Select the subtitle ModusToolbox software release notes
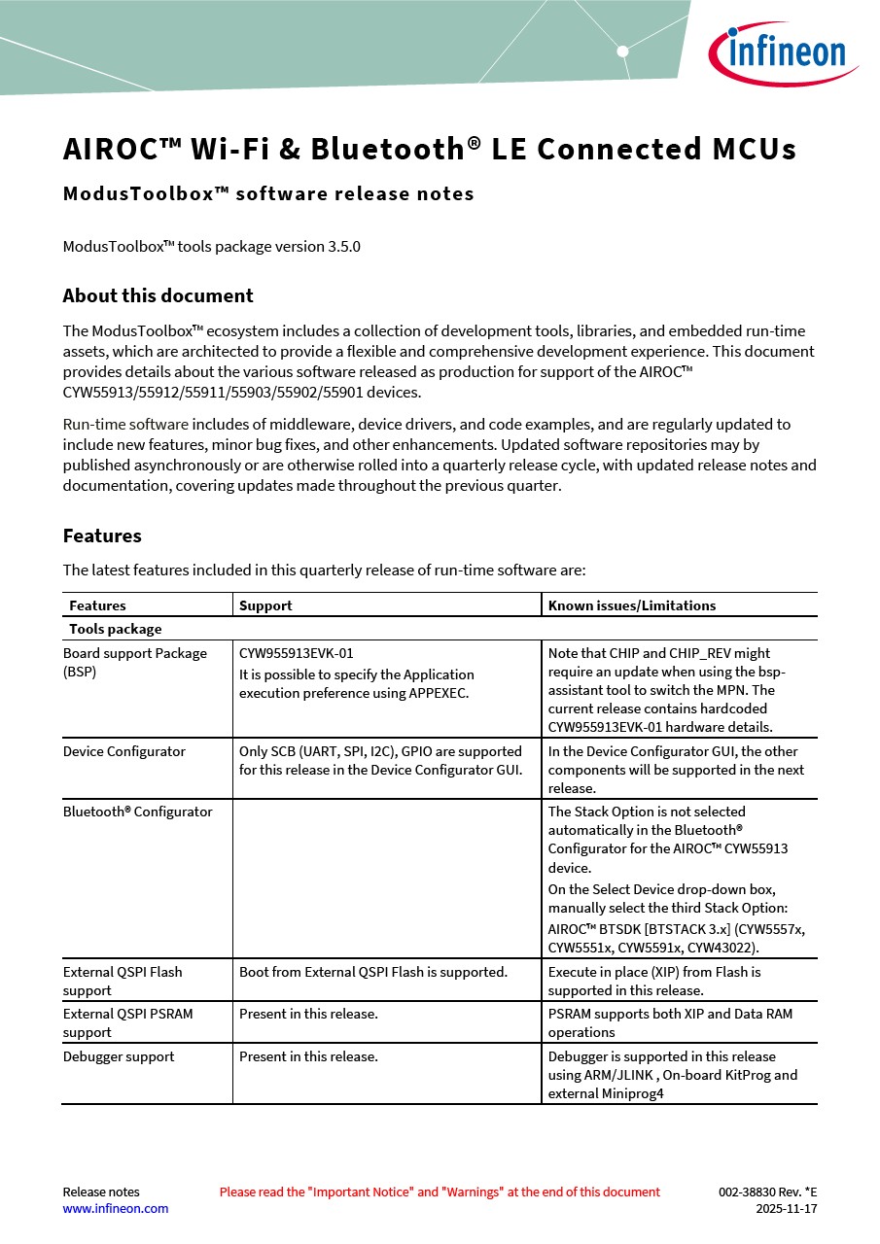tap(268, 193)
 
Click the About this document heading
tap(158, 296)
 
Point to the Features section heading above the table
tap(102, 536)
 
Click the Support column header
tap(265, 605)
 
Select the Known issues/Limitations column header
tap(631, 605)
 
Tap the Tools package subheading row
tap(115, 629)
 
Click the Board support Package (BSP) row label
tap(134, 662)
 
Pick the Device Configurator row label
tap(123, 751)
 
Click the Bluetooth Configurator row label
tap(137, 812)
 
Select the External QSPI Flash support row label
tap(123, 981)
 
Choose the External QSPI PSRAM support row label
tap(127, 1022)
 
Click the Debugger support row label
tap(119, 1056)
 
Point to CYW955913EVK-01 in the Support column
tap(296, 654)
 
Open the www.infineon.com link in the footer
tap(115, 1209)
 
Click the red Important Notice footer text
tap(440, 1192)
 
